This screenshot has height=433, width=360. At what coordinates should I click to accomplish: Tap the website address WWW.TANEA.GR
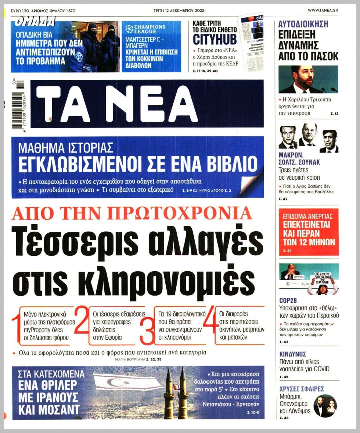pyautogui.click(x=323, y=10)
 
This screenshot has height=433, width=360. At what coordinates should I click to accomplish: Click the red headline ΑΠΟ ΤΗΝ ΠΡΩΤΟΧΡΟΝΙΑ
pyautogui.click(x=132, y=214)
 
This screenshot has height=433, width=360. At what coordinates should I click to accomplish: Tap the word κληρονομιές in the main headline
pyautogui.click(x=134, y=283)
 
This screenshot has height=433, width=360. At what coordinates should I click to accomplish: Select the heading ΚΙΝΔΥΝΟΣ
pyautogui.click(x=293, y=354)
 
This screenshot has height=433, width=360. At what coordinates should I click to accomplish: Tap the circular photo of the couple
pyautogui.click(x=325, y=406)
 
